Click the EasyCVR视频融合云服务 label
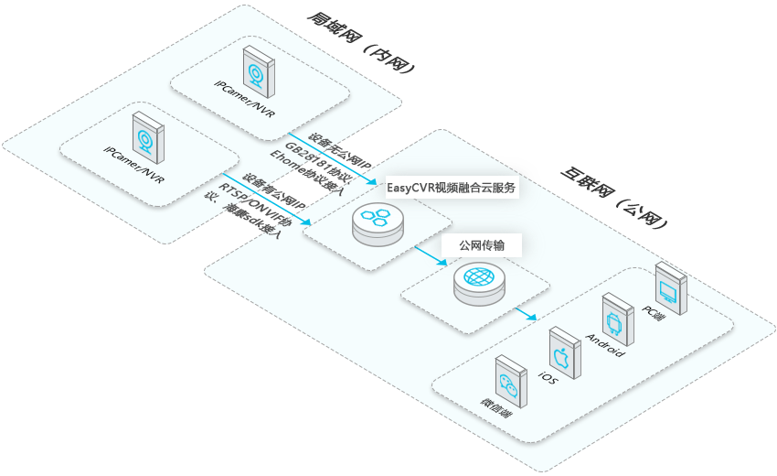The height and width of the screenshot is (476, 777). point(452,189)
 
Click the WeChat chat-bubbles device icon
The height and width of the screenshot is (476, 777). point(509,382)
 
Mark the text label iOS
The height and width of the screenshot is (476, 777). point(548,378)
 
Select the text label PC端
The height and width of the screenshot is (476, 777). point(654,316)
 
